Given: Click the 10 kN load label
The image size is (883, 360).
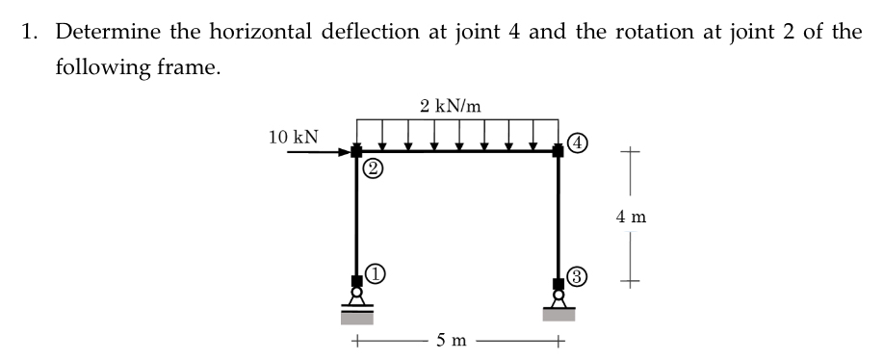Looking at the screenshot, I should (296, 138).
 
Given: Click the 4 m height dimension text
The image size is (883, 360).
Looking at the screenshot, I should (630, 217).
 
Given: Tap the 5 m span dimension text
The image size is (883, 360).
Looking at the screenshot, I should (452, 340).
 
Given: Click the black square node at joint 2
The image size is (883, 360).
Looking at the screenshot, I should (356, 152).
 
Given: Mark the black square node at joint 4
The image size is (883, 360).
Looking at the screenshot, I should (558, 151).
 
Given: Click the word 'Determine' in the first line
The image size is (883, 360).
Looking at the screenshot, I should (103, 32).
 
